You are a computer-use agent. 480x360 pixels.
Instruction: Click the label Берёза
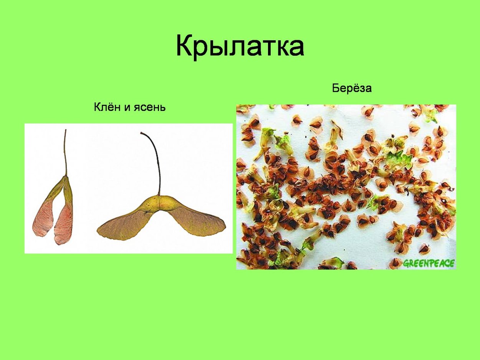pyautogui.click(x=352, y=88)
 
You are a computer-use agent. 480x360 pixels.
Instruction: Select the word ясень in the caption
pyautogui.click(x=150, y=107)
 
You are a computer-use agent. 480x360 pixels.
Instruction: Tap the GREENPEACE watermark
pyautogui.click(x=429, y=263)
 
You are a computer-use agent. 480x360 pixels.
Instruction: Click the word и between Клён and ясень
pyautogui.click(x=128, y=108)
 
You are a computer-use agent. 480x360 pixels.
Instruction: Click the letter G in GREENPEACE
pyautogui.click(x=406, y=264)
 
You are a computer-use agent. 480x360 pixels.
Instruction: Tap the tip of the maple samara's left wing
pyautogui.click(x=98, y=232)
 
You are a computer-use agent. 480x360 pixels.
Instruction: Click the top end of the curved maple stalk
pyautogui.click(x=142, y=133)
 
